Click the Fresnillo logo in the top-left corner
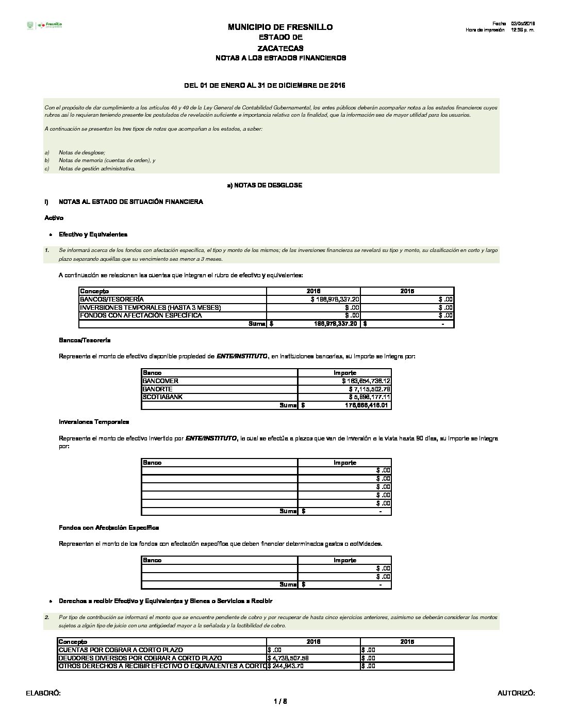[44, 25]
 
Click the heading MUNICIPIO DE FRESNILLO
[280, 27]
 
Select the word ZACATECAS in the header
[280, 48]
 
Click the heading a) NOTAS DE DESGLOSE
[265, 185]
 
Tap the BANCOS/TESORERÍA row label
[112, 299]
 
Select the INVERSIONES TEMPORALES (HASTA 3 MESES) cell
[150, 307]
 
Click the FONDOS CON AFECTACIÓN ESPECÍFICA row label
[141, 315]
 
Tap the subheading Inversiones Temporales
[94, 422]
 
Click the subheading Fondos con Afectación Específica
[109, 528]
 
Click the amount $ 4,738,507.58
[288, 658]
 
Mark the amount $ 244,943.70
[286, 666]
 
